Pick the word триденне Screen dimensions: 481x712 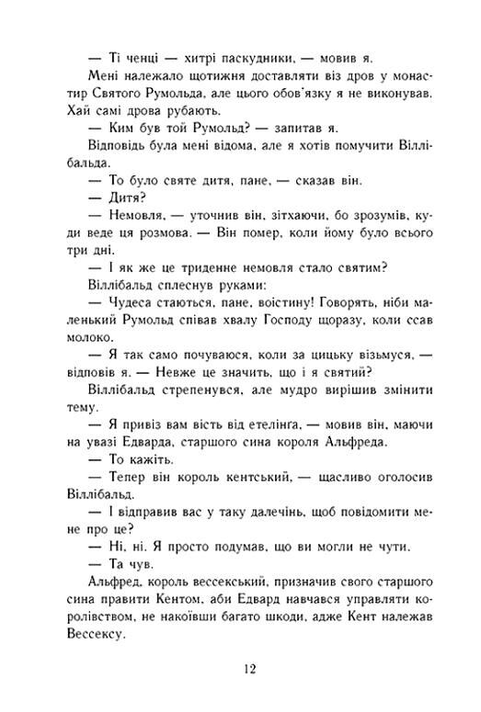click(x=212, y=266)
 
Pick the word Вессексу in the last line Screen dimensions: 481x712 click(x=120, y=637)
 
